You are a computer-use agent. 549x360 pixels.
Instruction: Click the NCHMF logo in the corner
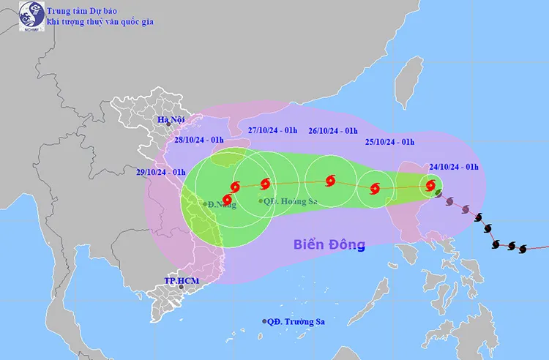29,17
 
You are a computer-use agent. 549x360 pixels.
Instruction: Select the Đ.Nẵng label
220,204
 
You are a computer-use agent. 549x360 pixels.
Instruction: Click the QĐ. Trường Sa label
298,321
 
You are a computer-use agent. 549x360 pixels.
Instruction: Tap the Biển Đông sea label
329,244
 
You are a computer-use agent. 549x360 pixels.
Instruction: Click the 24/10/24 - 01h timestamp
454,167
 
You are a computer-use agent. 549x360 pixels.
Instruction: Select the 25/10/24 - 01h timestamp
389,142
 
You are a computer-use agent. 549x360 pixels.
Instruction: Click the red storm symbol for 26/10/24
330,179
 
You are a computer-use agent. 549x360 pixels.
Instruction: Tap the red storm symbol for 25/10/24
376,188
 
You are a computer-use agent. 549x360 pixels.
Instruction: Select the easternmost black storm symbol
523,249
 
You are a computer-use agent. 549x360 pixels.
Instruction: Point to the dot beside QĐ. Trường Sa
264,321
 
